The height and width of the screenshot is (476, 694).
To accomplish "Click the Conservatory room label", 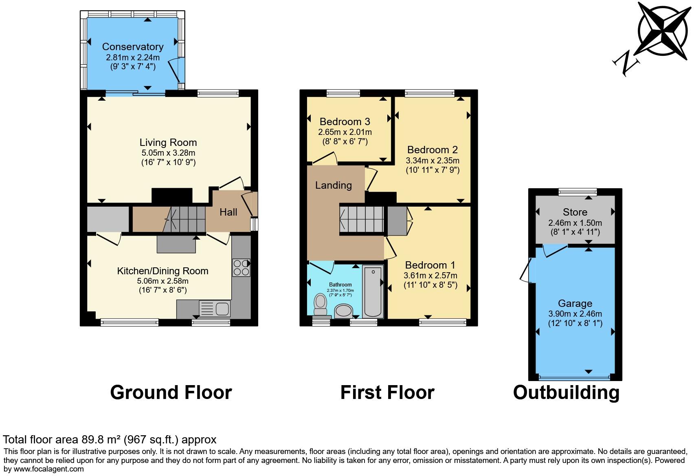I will click(133, 47).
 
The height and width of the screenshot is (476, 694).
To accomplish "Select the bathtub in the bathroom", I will click(373, 291).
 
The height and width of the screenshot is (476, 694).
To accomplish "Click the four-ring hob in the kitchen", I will click(241, 268).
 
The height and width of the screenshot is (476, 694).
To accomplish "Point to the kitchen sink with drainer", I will click(215, 309).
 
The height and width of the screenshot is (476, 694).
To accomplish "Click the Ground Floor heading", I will click(171, 392).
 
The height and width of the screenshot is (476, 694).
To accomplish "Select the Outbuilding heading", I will click(566, 392).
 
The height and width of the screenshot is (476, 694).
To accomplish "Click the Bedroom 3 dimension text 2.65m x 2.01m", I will click(345, 132).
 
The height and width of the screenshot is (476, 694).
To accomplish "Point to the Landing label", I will click(333, 185).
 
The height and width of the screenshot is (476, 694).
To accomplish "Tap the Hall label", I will click(228, 212).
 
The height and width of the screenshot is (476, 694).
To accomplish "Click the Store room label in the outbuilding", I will click(575, 212).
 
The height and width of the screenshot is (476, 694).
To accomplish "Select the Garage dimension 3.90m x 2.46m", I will click(575, 314).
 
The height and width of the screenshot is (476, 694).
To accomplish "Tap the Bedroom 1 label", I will click(430, 265).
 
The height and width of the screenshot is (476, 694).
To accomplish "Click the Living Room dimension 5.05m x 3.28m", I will click(168, 153).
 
